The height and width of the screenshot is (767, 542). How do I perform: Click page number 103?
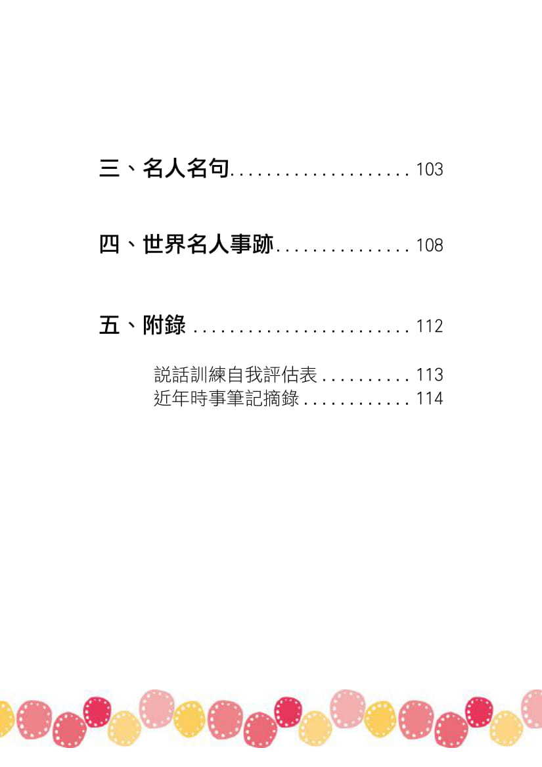(430, 170)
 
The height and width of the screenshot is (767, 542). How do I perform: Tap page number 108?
(430, 246)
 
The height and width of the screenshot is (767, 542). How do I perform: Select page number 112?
(430, 326)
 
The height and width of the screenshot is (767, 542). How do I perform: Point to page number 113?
(430, 375)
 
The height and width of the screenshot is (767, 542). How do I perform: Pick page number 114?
(430, 398)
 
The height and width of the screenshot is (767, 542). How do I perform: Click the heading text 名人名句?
(186, 169)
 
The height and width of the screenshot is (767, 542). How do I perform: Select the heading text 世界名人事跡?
(208, 245)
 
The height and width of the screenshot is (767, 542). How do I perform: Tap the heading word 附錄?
(164, 325)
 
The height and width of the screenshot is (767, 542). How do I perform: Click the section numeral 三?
(109, 169)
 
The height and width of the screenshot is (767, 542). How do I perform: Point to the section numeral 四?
(109, 245)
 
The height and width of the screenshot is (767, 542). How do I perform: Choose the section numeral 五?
(109, 325)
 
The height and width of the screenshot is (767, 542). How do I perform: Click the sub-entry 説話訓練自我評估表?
(235, 375)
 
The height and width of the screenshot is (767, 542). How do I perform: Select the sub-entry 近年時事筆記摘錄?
(226, 398)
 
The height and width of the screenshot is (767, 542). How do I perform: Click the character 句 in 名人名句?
(219, 169)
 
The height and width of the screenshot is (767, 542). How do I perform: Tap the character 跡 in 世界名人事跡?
(262, 245)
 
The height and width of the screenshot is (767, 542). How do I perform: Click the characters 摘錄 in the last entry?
(281, 398)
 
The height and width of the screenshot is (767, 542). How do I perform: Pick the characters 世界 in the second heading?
(164, 245)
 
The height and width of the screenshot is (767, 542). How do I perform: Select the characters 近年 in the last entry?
(171, 398)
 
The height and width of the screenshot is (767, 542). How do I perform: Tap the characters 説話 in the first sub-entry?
(171, 375)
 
